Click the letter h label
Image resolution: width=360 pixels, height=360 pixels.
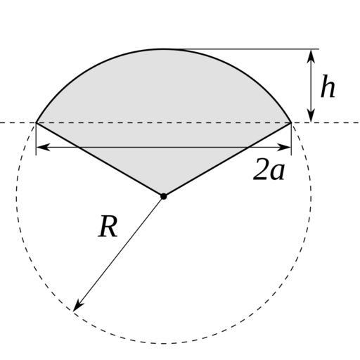click(328, 86)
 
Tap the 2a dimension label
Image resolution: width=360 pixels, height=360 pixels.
click(269, 169)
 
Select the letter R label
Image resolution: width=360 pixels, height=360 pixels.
click(108, 226)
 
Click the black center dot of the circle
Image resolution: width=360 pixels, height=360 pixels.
click(164, 196)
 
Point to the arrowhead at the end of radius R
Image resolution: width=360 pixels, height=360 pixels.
click(78, 305)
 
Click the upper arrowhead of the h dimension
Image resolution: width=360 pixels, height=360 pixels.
click(311, 56)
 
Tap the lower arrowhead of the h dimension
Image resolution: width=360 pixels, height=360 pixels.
click(311, 115)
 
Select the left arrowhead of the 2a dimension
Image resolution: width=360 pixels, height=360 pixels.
click(44, 148)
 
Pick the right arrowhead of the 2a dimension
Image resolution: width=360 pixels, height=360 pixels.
click(284, 148)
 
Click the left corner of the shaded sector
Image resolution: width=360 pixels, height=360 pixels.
click(36, 122)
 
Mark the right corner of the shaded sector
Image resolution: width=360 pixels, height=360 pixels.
click(291, 122)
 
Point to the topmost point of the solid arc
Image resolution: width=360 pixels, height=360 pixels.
click(164, 49)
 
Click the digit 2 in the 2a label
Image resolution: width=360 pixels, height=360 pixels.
click(261, 169)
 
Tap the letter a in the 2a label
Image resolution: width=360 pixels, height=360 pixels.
click(277, 172)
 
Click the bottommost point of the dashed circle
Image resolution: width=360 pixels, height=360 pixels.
click(164, 344)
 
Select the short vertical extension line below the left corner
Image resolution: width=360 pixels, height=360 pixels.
click(36, 139)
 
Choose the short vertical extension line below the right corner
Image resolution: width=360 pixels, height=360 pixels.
click(291, 139)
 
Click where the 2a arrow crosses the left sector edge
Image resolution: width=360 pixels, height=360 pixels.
click(79, 148)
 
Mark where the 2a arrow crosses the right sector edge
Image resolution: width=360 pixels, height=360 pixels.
click(248, 148)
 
